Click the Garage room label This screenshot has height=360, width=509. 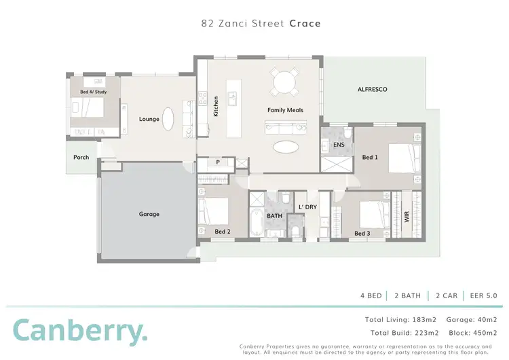tap(149, 214)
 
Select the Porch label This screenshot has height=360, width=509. tap(81, 157)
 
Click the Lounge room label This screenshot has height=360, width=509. tap(149, 119)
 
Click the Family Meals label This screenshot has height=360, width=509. tap(285, 109)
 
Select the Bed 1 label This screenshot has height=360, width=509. tap(371, 158)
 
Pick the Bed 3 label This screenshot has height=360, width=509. tap(362, 234)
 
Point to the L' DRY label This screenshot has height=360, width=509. tap(307, 206)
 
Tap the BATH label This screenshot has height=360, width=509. tap(274, 216)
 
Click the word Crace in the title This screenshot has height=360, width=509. tap(305, 23)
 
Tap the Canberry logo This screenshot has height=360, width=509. tap(79, 330)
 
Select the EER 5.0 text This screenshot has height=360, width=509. tap(482, 295)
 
